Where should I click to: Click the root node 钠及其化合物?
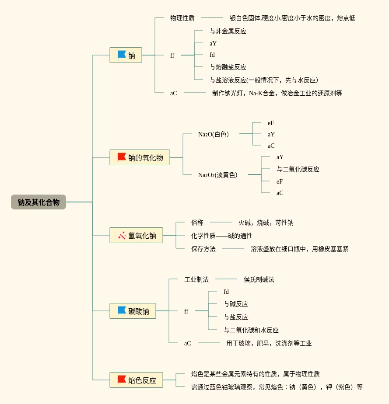(39, 202)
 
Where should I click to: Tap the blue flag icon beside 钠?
(122, 55)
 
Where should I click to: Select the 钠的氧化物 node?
(140, 157)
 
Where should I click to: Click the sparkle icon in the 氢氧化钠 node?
(122, 235)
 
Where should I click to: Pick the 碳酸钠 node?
(133, 311)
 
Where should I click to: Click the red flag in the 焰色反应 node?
(122, 380)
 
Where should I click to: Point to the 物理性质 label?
(182, 18)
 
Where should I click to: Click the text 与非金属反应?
(228, 31)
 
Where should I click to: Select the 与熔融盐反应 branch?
(228, 67)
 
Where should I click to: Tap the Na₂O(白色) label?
(214, 134)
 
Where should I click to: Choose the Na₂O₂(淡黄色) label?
(218, 175)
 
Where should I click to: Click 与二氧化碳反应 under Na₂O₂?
(298, 169)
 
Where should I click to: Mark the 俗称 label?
(197, 223)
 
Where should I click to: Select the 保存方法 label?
(203, 249)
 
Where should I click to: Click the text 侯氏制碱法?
(259, 279)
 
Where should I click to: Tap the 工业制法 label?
(196, 279)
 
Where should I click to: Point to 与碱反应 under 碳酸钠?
(236, 304)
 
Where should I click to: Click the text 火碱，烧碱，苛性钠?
(266, 223)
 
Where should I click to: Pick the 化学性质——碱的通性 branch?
(222, 236)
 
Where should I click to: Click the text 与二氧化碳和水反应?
(251, 330)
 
